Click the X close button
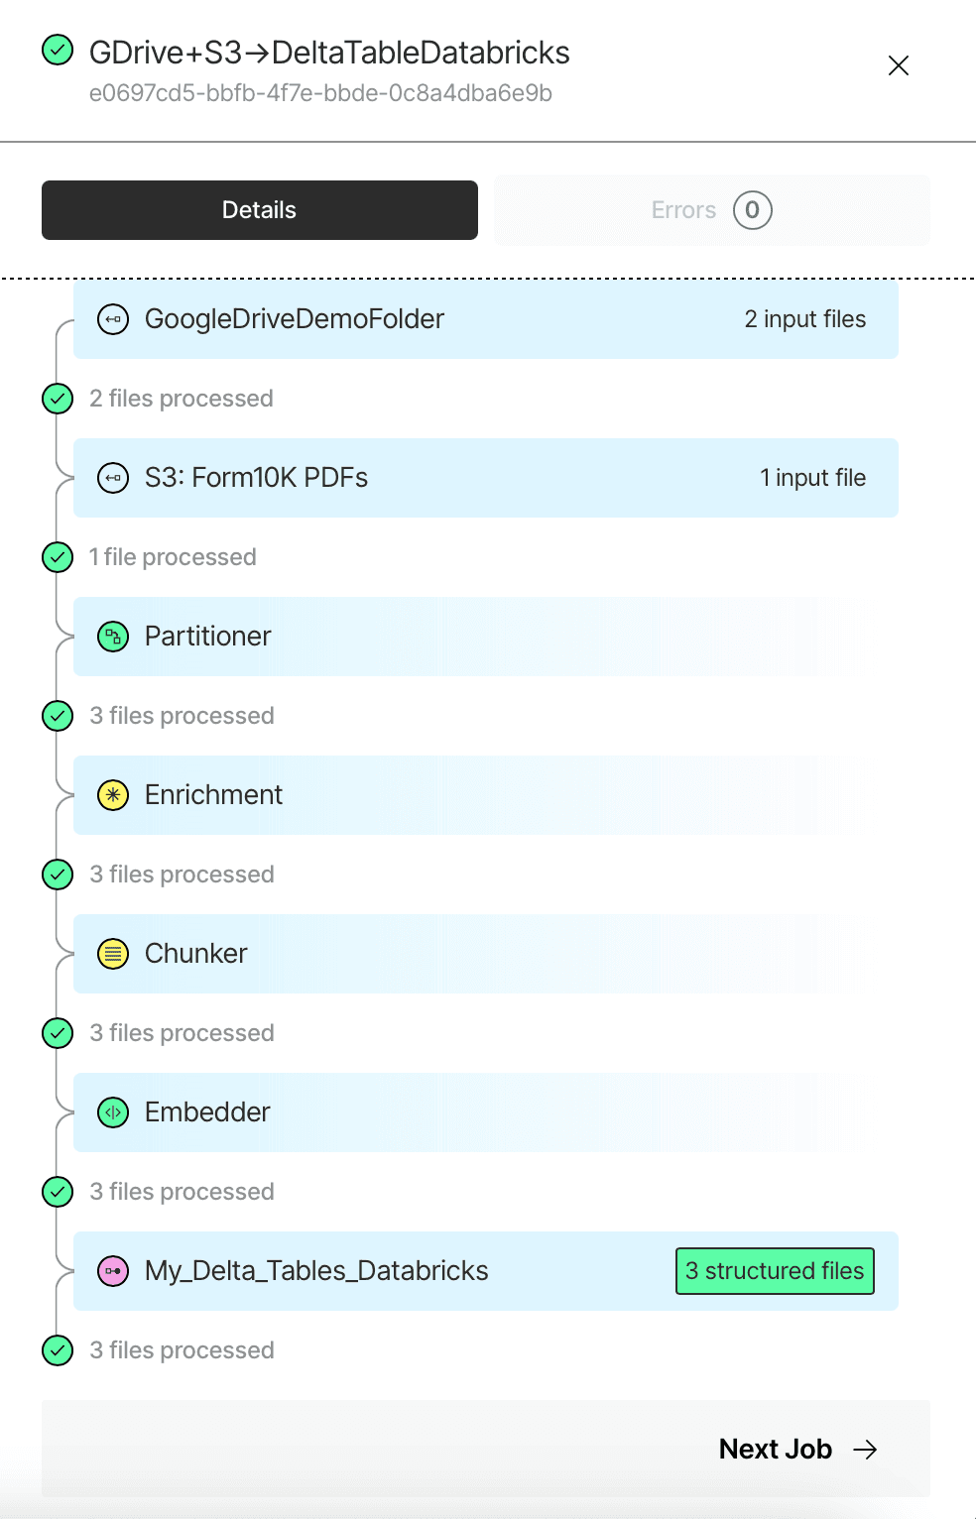898,65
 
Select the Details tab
260,210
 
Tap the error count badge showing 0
752,210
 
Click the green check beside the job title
58,51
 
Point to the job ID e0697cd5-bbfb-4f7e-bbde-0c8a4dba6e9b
320,93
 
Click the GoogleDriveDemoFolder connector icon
113,319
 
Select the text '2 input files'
805,319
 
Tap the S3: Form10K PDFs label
256,478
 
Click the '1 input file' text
812,478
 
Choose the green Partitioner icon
113,637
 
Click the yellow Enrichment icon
113,795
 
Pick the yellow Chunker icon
113,954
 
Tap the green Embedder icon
113,1112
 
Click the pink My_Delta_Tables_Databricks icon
113,1271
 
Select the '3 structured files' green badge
775,1271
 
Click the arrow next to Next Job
866,1450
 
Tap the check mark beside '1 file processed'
58,557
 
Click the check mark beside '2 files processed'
58,399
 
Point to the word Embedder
207,1112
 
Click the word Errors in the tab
683,210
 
